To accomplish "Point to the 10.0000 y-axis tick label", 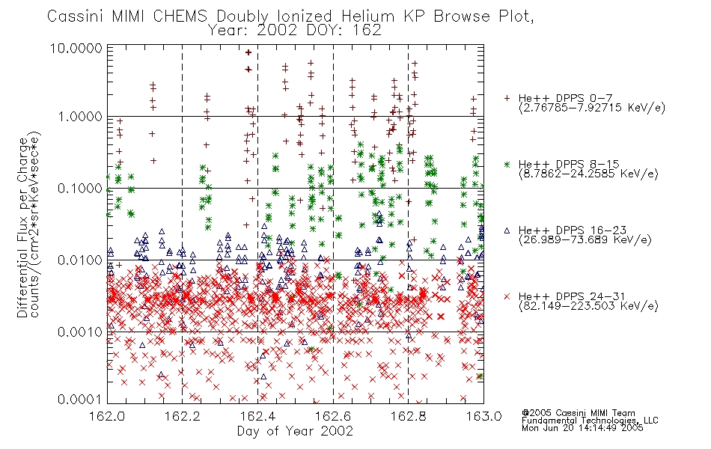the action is tap(76, 48).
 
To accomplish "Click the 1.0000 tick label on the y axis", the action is tap(80, 117).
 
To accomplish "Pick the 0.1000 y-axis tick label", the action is tap(80, 189).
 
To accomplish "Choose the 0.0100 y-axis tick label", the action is tap(80, 260).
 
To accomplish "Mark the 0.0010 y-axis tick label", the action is tap(80, 332).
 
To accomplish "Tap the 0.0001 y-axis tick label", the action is tap(80, 399).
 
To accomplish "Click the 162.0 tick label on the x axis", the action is tap(107, 416).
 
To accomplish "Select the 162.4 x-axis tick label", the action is tap(257, 416).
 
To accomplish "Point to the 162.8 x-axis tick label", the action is tap(408, 416).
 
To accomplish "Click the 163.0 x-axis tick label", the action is tap(483, 416).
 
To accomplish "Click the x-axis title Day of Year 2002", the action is tap(295, 431).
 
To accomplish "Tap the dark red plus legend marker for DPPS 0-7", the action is tap(507, 98).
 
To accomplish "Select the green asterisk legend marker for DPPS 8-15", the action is tap(507, 164).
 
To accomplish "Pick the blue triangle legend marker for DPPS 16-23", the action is tap(507, 230).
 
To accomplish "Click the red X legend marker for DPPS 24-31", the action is tap(507, 296).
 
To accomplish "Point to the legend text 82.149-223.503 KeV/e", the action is tap(588, 306).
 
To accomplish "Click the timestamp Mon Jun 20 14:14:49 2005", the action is tap(582, 428).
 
